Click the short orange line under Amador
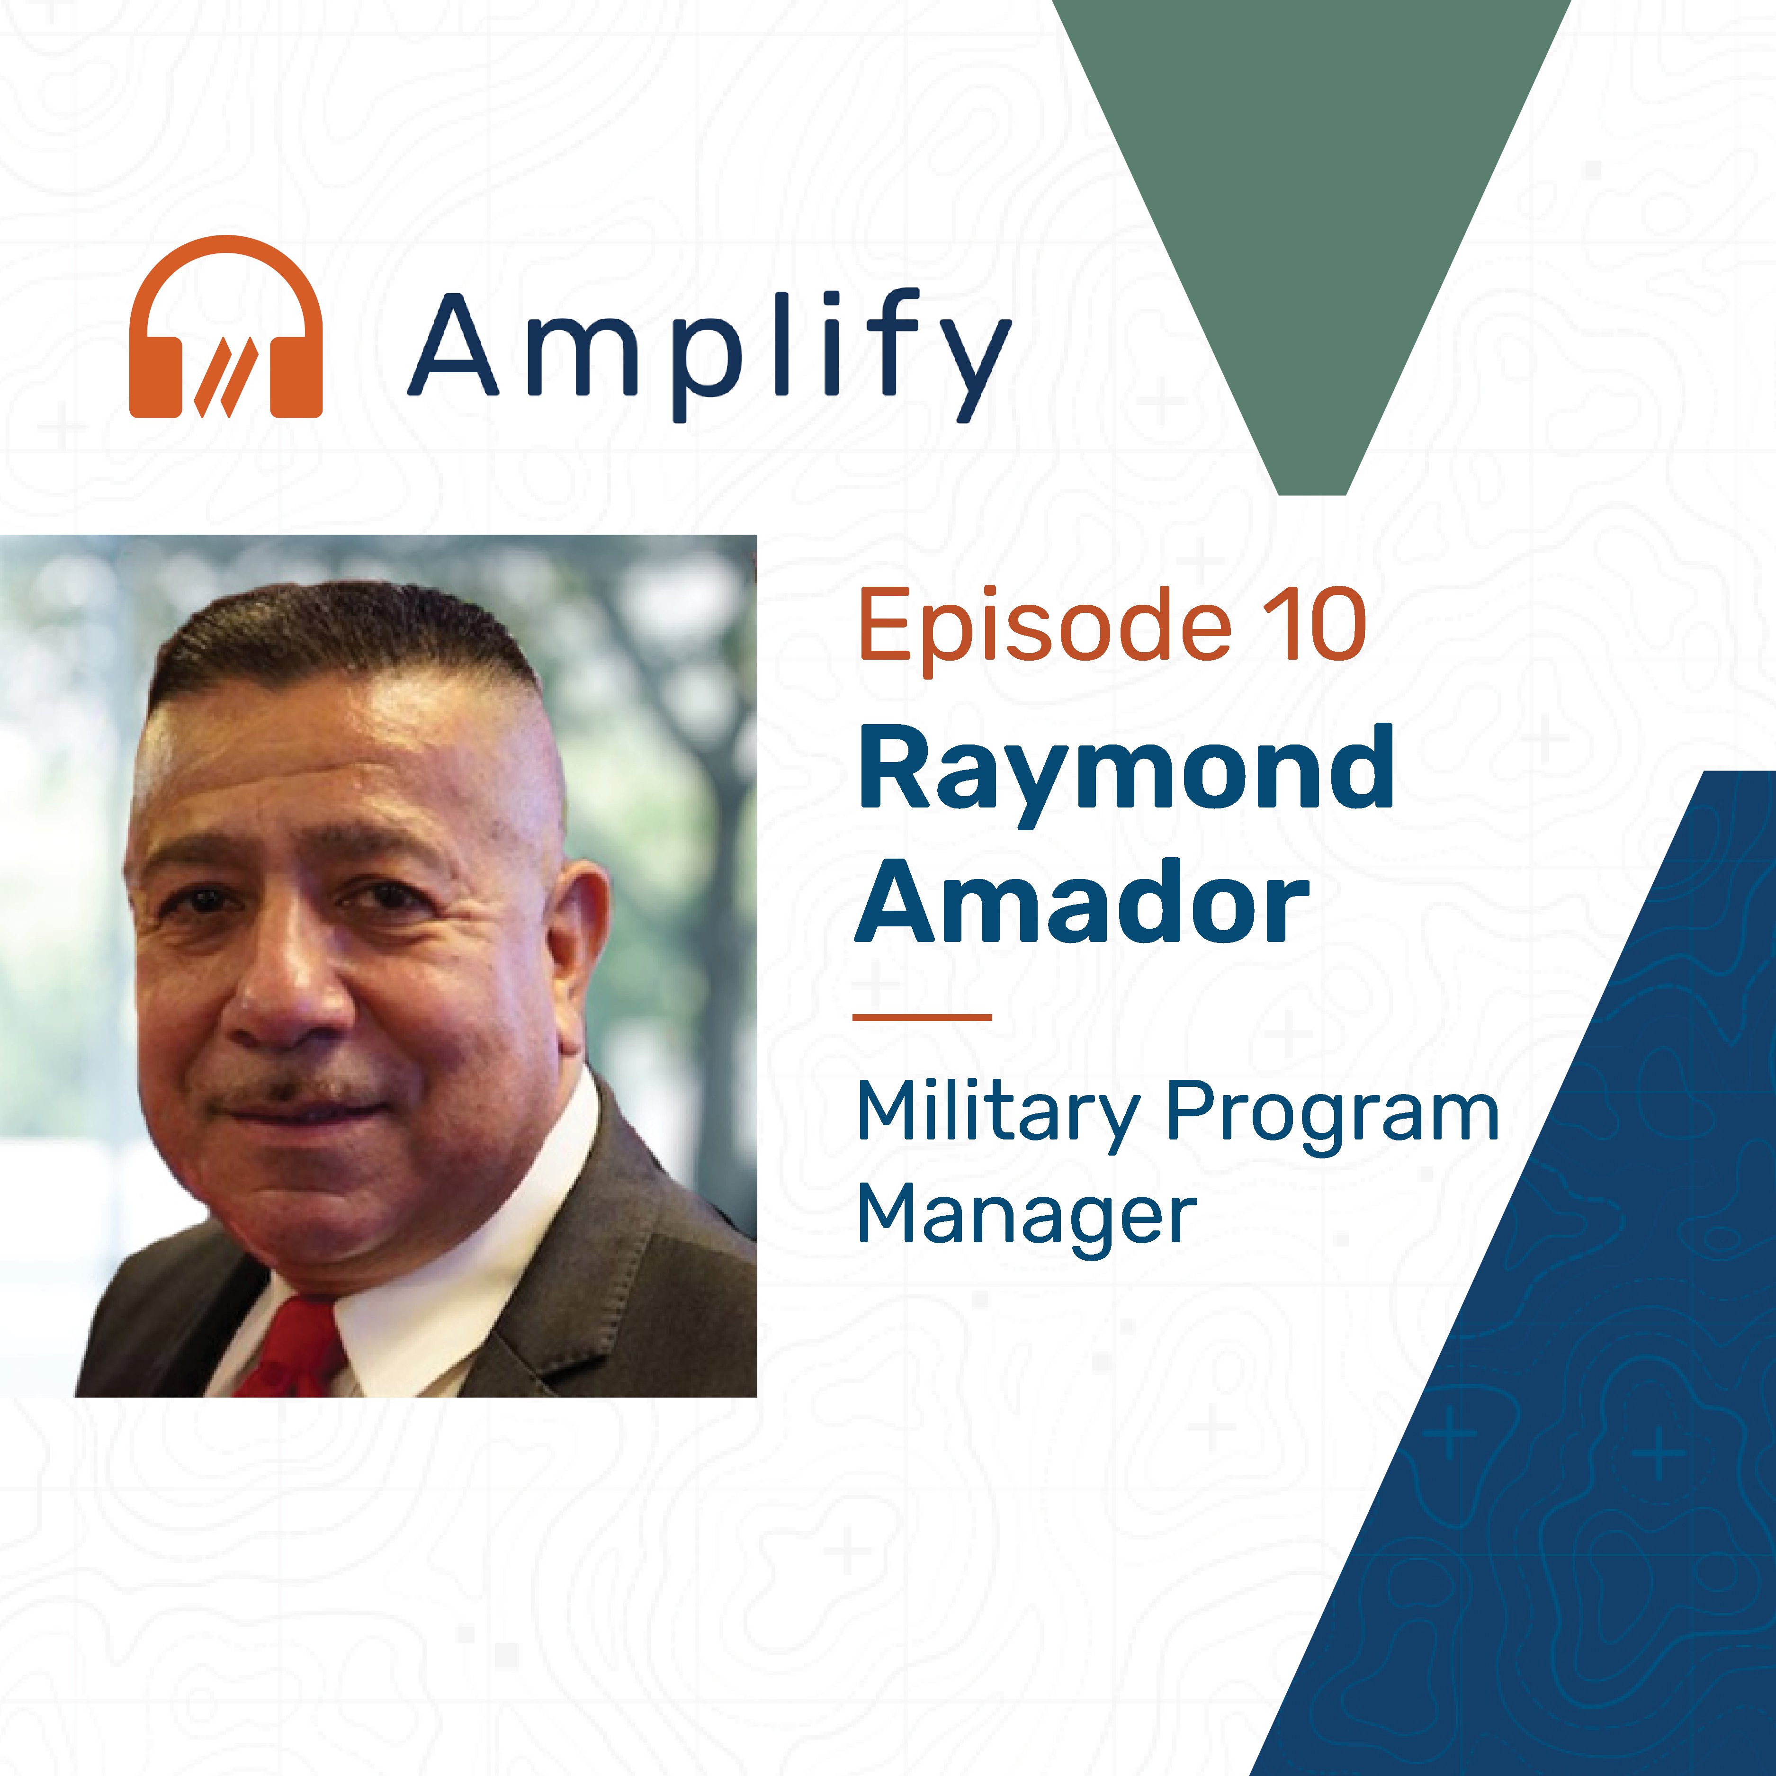click(x=922, y=1017)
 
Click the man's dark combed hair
click(x=340, y=634)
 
